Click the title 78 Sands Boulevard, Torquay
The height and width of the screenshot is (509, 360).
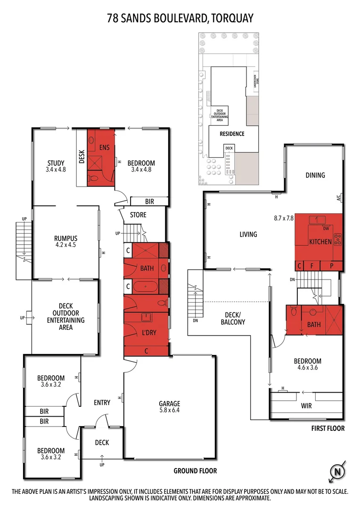(180, 18)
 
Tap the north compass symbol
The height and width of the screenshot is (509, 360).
(336, 471)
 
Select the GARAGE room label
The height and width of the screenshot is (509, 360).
(169, 403)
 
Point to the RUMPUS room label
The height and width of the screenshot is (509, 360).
(65, 238)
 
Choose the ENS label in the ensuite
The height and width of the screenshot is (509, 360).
(104, 148)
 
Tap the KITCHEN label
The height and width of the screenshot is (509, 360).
(320, 242)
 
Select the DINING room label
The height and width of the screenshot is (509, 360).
(315, 175)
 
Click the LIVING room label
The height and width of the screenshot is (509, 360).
(248, 234)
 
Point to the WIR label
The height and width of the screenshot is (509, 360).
(306, 405)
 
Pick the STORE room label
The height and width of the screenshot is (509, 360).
(138, 215)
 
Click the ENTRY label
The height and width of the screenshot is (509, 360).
(102, 402)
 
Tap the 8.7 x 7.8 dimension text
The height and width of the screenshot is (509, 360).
(284, 218)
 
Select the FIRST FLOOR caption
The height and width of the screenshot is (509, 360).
(328, 428)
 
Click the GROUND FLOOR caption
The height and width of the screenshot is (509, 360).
(195, 471)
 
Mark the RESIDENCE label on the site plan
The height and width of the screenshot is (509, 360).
(232, 134)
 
